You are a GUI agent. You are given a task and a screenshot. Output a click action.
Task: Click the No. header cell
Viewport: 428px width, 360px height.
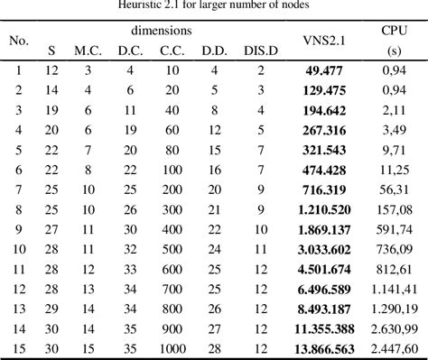[x=17, y=40]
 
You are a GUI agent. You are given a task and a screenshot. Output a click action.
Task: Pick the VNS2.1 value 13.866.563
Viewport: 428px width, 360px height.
[x=324, y=347]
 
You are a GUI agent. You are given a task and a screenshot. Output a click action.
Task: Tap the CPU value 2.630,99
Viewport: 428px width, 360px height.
[x=394, y=328]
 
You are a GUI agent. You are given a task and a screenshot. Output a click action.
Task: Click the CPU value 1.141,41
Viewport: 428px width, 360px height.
[x=394, y=288]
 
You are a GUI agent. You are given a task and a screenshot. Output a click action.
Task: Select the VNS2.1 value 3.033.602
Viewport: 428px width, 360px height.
[x=324, y=248]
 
